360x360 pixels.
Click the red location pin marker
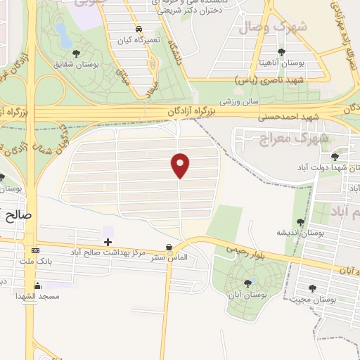pyautogui.click(x=181, y=165)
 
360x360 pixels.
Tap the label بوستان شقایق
pyautogui.click(x=75, y=65)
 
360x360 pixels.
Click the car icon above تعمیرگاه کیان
pyautogui.click(x=139, y=30)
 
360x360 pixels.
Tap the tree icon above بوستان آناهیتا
pyautogui.click(x=281, y=52)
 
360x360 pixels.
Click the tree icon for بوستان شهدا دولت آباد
pyautogui.click(x=334, y=155)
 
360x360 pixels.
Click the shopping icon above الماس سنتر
pyautogui.click(x=169, y=247)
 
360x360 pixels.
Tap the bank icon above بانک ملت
pyautogui.click(x=35, y=251)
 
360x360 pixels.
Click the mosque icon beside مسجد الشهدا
pyautogui.click(x=37, y=286)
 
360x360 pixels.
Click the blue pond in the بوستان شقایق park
pyautogui.click(x=63, y=31)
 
